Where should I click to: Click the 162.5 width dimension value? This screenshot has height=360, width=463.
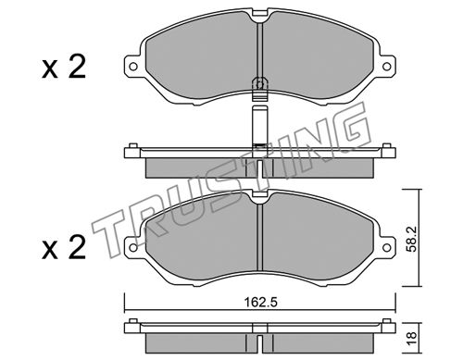pyautogui.click(x=261, y=302)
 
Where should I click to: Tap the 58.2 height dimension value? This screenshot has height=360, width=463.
pyautogui.click(x=411, y=239)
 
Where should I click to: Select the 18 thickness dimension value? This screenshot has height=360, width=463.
pyautogui.click(x=412, y=338)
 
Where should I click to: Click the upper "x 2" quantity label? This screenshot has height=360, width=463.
pyautogui.click(x=64, y=68)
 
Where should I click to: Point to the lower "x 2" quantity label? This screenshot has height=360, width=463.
pyautogui.click(x=64, y=247)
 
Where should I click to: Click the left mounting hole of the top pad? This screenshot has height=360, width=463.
pyautogui.click(x=133, y=66)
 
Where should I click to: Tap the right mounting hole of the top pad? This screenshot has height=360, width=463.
pyautogui.click(x=386, y=66)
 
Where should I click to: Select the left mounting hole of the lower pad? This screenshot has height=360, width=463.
pyautogui.click(x=133, y=247)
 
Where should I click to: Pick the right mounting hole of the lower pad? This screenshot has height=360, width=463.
pyautogui.click(x=386, y=247)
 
